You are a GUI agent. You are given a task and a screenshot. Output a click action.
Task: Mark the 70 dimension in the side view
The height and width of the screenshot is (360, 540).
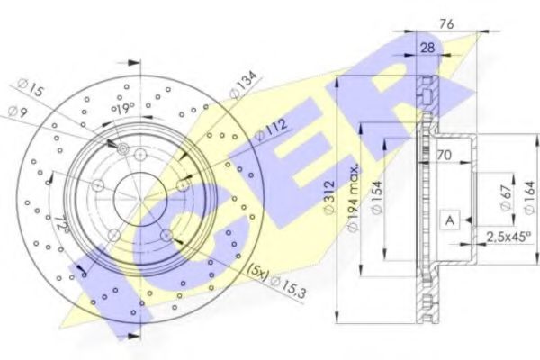coord(444,155)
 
